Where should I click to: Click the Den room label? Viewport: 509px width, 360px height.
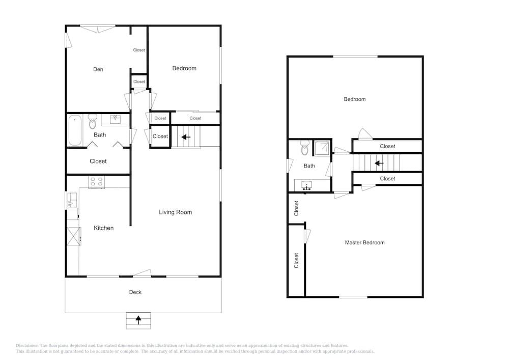98,69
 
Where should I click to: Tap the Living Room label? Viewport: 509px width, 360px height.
175,212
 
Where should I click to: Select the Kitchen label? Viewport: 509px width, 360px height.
103,228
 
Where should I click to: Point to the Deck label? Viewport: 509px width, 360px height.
135,292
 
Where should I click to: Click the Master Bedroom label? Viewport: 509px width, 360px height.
364,242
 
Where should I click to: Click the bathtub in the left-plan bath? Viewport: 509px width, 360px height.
75,130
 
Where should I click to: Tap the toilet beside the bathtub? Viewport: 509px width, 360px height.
93,122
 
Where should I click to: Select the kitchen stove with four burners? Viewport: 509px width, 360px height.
96,182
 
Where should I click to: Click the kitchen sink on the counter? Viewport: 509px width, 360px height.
72,200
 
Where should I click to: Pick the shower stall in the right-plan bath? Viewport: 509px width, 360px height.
322,148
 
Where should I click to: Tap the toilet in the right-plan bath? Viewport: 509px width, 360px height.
304,148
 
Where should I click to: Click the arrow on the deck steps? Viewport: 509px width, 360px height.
138,320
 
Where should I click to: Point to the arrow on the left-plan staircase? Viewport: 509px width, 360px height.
186,137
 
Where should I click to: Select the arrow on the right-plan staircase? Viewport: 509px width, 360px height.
379,163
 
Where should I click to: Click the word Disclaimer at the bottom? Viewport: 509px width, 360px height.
27,345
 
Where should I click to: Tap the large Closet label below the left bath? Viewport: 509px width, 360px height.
98,161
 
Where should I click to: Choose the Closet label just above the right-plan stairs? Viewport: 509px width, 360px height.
387,147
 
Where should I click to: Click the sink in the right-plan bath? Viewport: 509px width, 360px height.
306,186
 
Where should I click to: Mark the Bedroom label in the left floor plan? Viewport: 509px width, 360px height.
184,68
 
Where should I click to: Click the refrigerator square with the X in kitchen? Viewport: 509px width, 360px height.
74,236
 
